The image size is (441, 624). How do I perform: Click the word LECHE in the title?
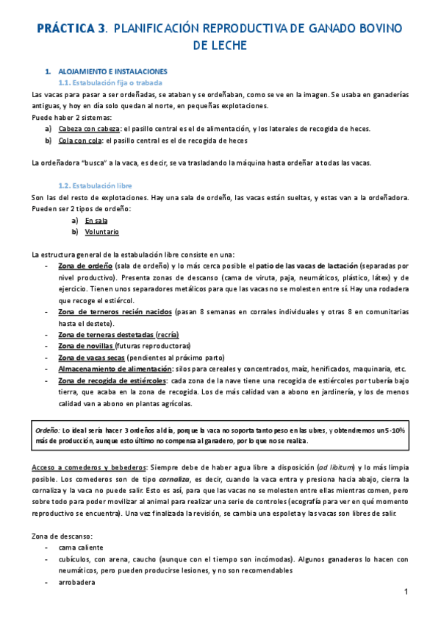[x=220, y=46]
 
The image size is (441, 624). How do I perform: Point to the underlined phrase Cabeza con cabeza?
[x=88, y=129]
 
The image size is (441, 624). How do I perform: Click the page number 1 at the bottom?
[x=406, y=593]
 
